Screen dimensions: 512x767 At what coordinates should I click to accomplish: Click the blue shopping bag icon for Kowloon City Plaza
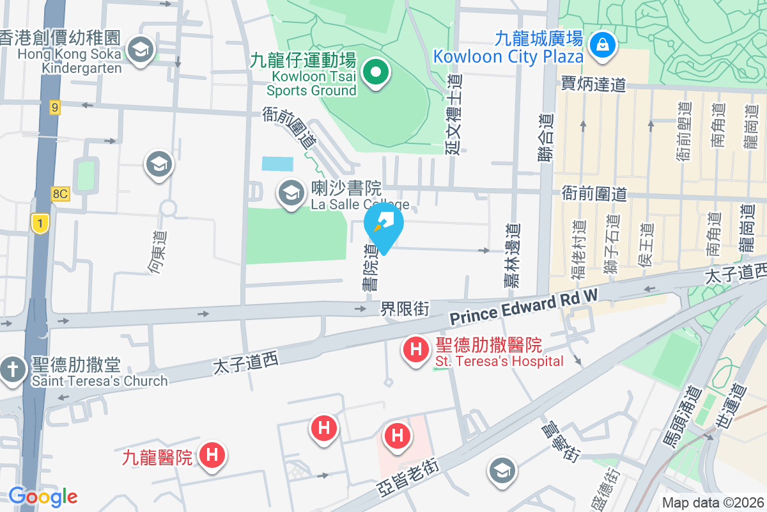click(602, 44)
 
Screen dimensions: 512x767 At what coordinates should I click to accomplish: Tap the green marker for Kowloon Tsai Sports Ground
click(376, 72)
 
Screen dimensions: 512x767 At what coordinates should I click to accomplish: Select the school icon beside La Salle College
click(291, 193)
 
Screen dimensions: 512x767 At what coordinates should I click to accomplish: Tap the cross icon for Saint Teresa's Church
click(12, 371)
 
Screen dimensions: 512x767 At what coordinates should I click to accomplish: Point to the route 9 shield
click(55, 108)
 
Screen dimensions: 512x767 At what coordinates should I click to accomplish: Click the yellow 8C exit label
click(60, 193)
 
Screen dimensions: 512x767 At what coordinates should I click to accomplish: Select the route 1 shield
click(40, 223)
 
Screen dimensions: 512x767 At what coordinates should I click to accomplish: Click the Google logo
click(43, 497)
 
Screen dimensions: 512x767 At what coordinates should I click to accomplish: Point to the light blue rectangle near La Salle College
click(277, 163)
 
